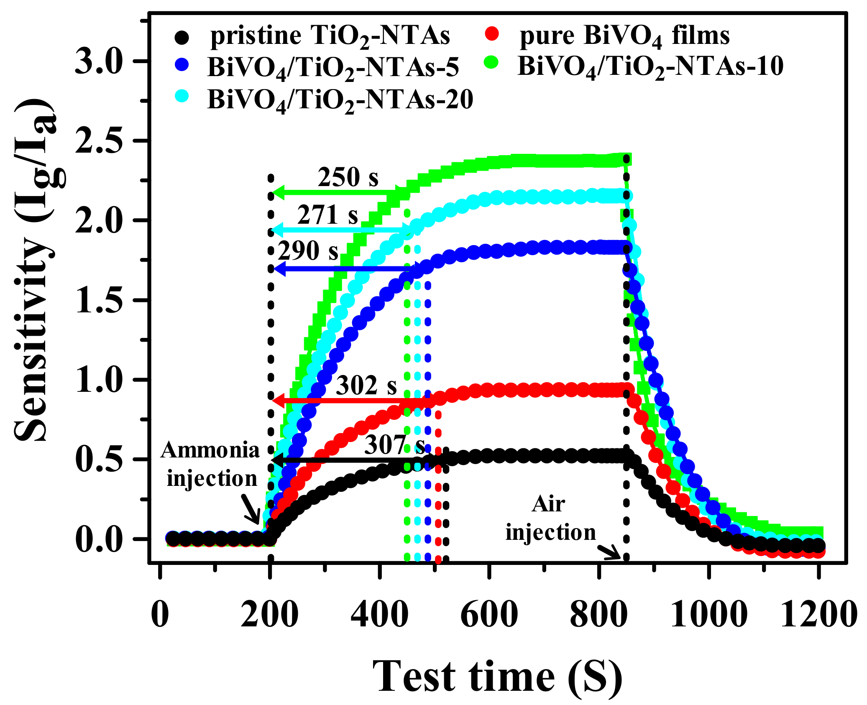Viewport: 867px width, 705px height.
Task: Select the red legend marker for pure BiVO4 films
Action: click(493, 33)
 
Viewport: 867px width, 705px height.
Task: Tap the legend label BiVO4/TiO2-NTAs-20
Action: click(340, 100)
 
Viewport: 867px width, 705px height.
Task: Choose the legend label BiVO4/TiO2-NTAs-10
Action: click(650, 66)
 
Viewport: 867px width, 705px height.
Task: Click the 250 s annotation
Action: click(348, 177)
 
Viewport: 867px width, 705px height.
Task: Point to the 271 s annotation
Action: click(327, 215)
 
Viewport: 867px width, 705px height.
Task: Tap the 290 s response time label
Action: click(308, 251)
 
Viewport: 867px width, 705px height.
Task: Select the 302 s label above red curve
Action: click(366, 385)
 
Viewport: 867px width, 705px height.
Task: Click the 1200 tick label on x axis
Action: click(818, 615)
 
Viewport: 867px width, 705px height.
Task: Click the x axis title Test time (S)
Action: click(497, 677)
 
